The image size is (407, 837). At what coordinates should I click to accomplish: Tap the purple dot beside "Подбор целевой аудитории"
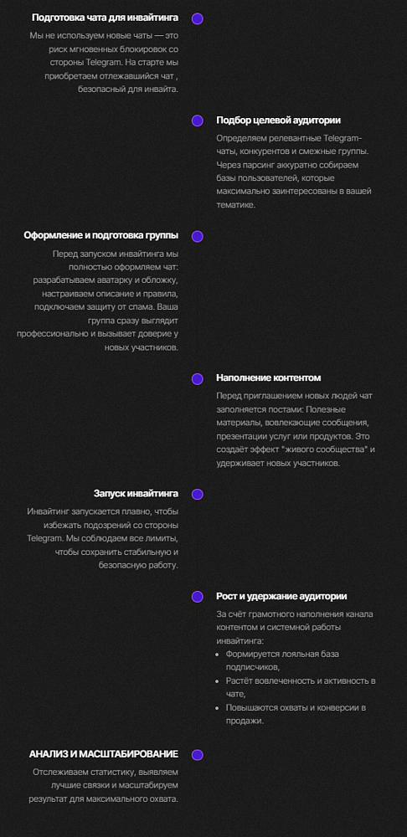[198, 121]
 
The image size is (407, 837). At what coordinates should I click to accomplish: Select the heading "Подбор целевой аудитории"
[278, 121]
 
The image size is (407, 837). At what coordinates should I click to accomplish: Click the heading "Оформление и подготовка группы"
[101, 236]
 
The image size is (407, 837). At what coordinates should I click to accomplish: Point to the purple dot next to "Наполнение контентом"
[198, 378]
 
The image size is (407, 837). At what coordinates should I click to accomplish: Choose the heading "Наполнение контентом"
[268, 378]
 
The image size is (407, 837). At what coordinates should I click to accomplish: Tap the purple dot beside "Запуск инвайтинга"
[198, 494]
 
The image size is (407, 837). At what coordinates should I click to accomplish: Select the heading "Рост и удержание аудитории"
[281, 597]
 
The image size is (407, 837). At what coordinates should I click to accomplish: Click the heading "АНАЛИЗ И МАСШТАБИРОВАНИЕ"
[104, 754]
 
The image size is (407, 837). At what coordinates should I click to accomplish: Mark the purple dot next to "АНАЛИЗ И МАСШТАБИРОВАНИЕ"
[198, 755]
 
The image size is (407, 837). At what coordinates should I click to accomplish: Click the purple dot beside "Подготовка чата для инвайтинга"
[198, 18]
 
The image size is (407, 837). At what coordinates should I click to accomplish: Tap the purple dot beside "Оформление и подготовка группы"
[198, 236]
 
